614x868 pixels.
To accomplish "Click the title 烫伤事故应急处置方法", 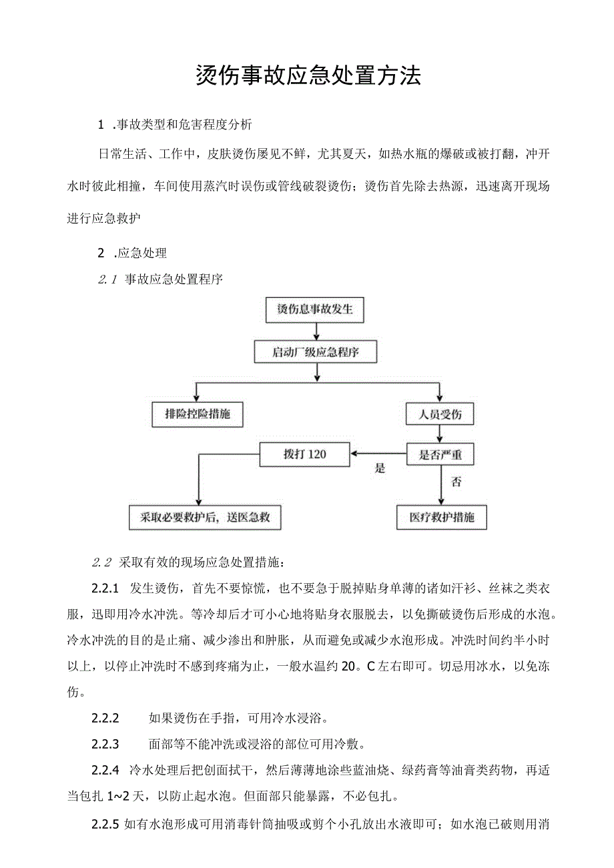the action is click(x=308, y=76).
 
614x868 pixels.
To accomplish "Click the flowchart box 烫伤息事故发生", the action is click(x=315, y=310).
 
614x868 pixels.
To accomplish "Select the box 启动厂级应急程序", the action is click(x=315, y=352).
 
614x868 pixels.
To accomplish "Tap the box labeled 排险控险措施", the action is click(x=197, y=414).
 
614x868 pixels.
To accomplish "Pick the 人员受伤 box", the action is click(x=440, y=414).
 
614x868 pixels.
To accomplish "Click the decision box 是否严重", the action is click(x=440, y=455).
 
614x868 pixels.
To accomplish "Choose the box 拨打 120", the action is click(x=304, y=455).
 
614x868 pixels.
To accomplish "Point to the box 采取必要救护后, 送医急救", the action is click(x=205, y=518).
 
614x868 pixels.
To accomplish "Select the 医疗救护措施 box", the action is click(x=441, y=518).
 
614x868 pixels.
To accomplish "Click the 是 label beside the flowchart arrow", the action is click(x=380, y=468).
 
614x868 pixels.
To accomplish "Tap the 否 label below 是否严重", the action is click(x=456, y=482).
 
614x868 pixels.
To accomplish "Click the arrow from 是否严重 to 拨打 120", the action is click(x=378, y=455).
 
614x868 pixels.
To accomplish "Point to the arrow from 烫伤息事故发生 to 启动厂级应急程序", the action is click(x=315, y=332).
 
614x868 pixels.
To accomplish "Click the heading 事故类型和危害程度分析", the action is click(x=184, y=125).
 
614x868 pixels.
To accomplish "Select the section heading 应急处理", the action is click(x=141, y=253).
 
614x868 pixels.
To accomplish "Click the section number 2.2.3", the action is click(x=105, y=744).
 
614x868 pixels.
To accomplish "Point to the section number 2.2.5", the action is click(x=105, y=824).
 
